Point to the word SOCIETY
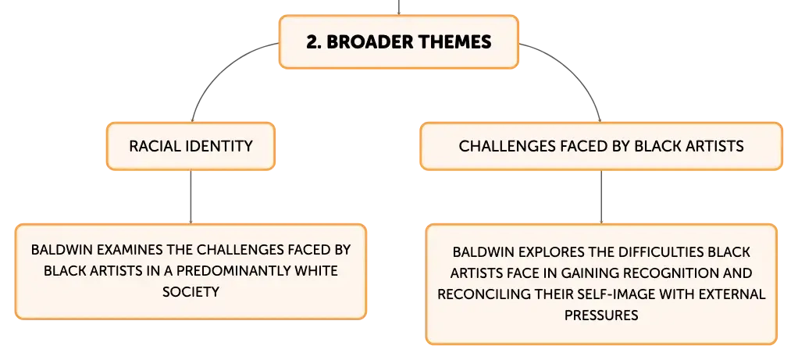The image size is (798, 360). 191,292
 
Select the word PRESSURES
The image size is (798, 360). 601,315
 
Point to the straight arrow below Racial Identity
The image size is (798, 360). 191,197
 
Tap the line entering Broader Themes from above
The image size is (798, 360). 398,7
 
